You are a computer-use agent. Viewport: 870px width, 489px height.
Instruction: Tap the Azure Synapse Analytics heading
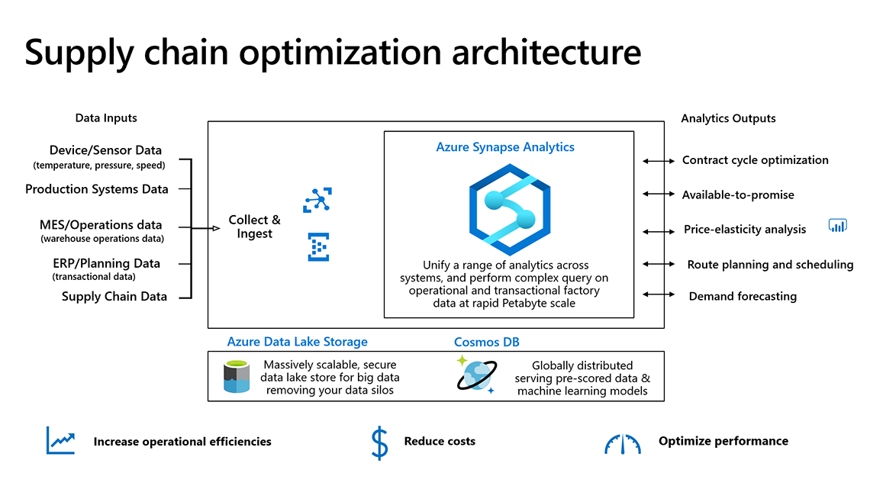pos(505,146)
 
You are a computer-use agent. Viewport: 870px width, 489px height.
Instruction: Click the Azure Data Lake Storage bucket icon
pos(237,377)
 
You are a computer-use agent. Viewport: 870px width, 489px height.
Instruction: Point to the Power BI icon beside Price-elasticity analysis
pos(838,226)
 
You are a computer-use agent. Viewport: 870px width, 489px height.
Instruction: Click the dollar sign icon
pos(379,442)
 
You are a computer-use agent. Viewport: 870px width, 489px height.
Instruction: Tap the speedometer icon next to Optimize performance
pos(623,444)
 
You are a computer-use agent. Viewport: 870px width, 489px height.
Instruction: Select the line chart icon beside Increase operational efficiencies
pos(60,441)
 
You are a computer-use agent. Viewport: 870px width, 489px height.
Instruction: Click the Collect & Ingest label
pos(254,227)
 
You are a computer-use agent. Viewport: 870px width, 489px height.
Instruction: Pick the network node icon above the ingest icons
pos(317,200)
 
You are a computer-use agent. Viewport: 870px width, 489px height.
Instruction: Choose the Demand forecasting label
pos(743,296)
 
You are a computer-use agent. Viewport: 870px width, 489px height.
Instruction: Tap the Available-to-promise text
pos(738,195)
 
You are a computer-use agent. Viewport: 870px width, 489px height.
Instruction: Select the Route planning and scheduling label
pos(770,265)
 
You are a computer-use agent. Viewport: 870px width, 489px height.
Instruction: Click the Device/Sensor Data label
pos(105,150)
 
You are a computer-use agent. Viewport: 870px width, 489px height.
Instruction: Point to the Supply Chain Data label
pos(114,297)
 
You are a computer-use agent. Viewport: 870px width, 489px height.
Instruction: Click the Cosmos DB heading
pos(487,342)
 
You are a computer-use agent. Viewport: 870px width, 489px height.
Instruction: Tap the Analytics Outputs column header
pos(728,118)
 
